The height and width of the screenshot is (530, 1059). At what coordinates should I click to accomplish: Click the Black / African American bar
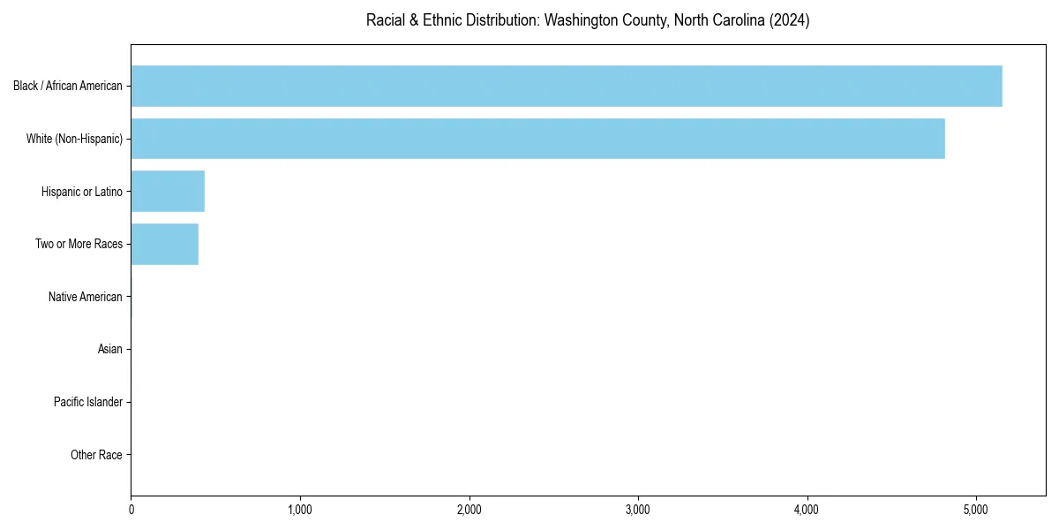567,86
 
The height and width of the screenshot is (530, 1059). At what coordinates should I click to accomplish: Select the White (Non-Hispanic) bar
537,139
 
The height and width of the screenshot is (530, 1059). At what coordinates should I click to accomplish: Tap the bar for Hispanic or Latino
168,192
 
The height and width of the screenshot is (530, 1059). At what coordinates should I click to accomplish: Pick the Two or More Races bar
164,244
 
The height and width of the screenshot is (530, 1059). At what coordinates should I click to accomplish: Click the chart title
588,20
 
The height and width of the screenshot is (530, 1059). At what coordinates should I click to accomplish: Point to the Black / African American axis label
68,86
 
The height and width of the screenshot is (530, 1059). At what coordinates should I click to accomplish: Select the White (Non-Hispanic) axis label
74,139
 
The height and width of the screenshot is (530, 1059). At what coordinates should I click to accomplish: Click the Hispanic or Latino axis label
81,192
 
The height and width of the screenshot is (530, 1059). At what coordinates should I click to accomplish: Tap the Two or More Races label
79,244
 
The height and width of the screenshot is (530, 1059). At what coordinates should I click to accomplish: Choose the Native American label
85,297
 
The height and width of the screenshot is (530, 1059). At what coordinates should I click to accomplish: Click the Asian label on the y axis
109,350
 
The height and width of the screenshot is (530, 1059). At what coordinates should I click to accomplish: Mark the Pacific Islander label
87,402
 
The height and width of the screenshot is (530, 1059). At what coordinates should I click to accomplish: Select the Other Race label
96,455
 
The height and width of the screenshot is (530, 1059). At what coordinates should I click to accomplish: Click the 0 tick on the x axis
131,510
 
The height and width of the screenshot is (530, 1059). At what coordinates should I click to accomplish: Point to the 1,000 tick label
300,510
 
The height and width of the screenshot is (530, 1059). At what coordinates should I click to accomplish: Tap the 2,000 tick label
469,510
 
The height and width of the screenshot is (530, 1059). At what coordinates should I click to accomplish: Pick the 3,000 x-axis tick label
638,510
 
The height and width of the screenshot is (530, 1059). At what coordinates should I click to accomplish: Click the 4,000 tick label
807,510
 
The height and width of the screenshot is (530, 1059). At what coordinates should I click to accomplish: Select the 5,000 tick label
975,510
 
